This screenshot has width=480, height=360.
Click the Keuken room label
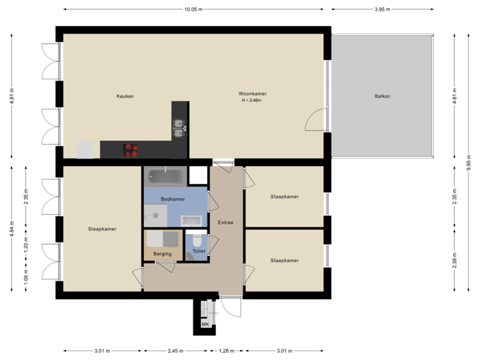tap(125, 96)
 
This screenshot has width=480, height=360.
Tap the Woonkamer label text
tap(253, 94)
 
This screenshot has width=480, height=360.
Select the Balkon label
tap(382, 96)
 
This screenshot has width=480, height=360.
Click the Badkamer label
tap(173, 199)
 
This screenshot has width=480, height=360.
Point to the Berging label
tap(162, 253)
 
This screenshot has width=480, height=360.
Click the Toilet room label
tap(199, 251)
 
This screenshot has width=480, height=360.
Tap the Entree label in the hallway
tap(225, 222)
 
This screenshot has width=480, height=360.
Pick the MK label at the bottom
tap(205, 325)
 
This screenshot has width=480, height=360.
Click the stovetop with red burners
tap(130, 150)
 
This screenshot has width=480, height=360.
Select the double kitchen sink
tap(178, 127)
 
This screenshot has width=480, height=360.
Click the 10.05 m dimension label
tap(194, 9)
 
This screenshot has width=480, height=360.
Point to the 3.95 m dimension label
tap(382, 9)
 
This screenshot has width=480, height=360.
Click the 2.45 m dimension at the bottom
tap(175, 350)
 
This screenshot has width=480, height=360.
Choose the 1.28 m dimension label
tap(227, 350)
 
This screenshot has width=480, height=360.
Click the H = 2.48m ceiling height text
tap(253, 101)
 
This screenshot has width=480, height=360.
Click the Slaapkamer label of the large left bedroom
tap(102, 229)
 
